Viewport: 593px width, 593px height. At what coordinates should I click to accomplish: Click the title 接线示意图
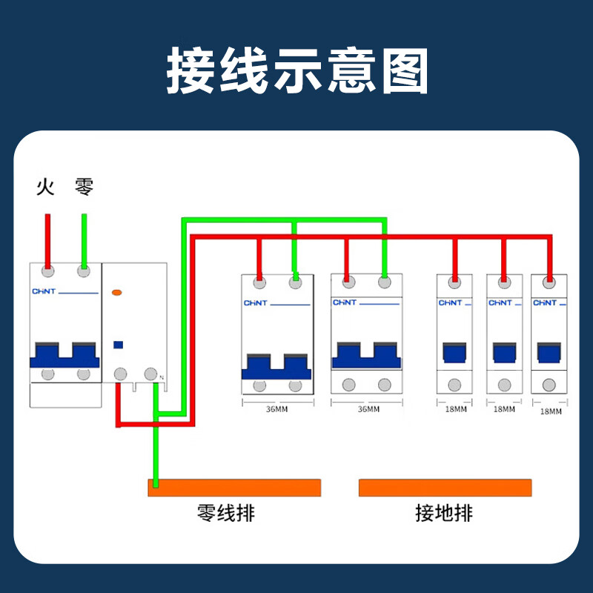click(x=296, y=71)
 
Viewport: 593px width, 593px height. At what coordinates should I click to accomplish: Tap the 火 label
click(x=46, y=187)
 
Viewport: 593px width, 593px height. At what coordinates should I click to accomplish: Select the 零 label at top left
click(x=84, y=187)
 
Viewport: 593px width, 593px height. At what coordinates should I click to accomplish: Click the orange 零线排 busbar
click(x=234, y=487)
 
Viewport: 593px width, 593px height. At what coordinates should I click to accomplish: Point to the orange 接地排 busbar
click(x=445, y=487)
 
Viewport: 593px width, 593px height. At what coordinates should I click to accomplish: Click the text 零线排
click(x=226, y=512)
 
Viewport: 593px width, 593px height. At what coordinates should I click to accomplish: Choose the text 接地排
click(x=444, y=512)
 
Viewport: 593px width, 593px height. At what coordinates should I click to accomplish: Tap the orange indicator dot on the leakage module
click(x=116, y=294)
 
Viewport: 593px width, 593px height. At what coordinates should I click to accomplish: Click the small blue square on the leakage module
click(x=117, y=344)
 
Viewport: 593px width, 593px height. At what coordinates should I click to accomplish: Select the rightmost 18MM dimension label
click(x=551, y=411)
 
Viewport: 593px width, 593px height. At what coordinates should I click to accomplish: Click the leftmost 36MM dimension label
click(x=277, y=409)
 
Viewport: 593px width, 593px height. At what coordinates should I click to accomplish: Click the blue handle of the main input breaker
click(x=64, y=355)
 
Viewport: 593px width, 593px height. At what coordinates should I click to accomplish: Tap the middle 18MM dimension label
click(x=504, y=409)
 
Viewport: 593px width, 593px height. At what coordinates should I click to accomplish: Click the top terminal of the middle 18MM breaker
click(x=504, y=282)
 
